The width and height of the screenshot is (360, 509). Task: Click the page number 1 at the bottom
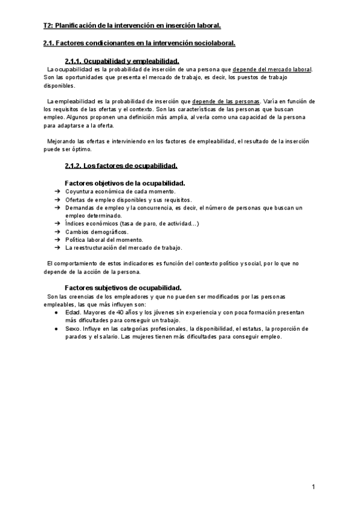pyautogui.click(x=313, y=486)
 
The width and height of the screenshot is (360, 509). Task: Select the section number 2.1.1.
pyautogui.click(x=74, y=61)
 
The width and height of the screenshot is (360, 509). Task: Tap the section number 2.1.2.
pyautogui.click(x=74, y=166)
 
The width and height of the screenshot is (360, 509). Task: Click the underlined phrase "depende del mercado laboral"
pyautogui.click(x=272, y=70)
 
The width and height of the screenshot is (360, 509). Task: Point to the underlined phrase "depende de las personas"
pyautogui.click(x=226, y=101)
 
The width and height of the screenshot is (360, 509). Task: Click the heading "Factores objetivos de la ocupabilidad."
pyautogui.click(x=125, y=182)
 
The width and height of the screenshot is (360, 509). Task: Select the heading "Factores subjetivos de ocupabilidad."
pyautogui.click(x=123, y=288)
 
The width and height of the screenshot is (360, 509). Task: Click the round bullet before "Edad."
pyautogui.click(x=56, y=313)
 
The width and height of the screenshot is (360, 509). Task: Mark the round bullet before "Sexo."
pyautogui.click(x=56, y=328)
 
